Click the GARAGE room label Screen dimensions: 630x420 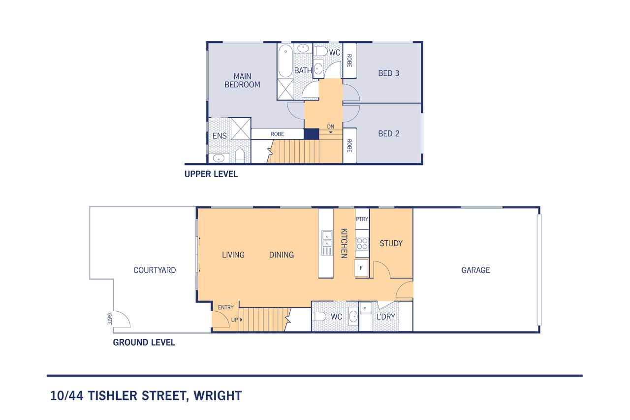click(475, 270)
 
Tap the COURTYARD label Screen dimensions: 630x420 click(155, 270)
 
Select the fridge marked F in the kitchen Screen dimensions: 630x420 click(361, 268)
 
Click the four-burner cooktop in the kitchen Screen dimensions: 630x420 click(362, 244)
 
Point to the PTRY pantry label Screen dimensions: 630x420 click(362, 219)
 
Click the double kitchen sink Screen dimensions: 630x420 click(327, 243)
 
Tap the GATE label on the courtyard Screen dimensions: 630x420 click(110, 319)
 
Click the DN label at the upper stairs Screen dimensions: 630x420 click(331, 127)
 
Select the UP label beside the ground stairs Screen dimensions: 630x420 click(235, 320)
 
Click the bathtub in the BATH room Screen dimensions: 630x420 click(286, 61)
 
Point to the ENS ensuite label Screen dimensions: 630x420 click(220, 136)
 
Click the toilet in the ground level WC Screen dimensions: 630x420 click(319, 316)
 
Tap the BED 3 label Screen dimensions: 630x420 click(389, 73)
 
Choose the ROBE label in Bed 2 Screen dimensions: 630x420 click(349, 146)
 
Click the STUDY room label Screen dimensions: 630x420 click(391, 243)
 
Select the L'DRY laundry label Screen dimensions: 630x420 click(386, 317)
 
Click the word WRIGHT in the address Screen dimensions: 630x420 click(218, 396)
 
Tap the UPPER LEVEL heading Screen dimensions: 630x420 click(211, 174)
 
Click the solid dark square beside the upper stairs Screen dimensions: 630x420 click(312, 134)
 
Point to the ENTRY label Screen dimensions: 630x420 click(225, 307)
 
